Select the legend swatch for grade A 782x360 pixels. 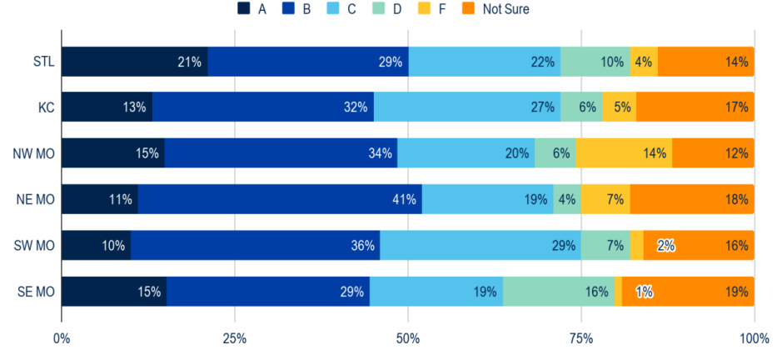(244, 9)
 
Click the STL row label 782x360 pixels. (42, 62)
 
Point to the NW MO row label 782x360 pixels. (34, 153)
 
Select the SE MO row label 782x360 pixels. (36, 292)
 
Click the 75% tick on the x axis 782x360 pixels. (580, 339)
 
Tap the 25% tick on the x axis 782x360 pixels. (234, 339)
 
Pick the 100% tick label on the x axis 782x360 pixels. (754, 339)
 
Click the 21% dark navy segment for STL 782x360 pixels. (134, 62)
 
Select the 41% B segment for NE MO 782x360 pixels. (280, 199)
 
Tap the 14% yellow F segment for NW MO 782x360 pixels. (623, 153)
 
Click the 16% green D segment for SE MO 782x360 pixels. (558, 292)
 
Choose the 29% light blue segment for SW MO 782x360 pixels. (480, 246)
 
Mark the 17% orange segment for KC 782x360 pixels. (695, 107)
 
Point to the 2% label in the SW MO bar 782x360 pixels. (665, 246)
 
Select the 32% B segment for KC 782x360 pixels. (262, 107)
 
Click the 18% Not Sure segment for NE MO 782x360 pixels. (691, 199)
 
